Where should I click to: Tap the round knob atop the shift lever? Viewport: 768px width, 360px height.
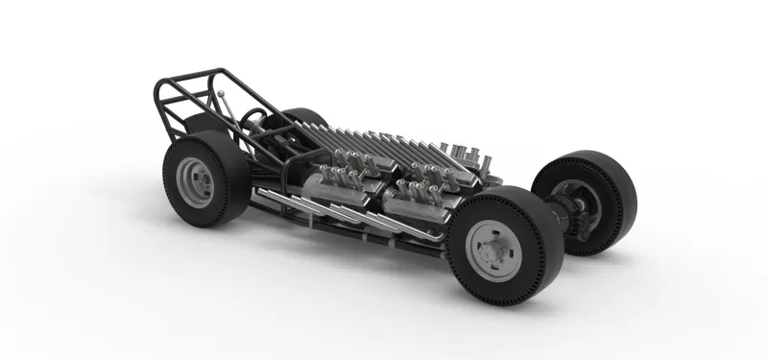pyautogui.click(x=219, y=93)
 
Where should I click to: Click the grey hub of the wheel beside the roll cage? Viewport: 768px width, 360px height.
pyautogui.click(x=194, y=181)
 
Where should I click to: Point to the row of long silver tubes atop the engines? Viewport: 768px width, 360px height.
pyautogui.click(x=384, y=140)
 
